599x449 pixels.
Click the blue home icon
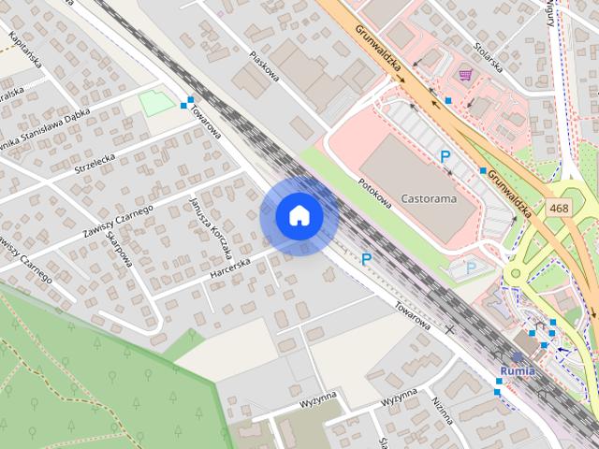pyautogui.click(x=299, y=215)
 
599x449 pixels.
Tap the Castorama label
pyautogui.click(x=427, y=198)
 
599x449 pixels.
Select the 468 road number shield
pyautogui.click(x=560, y=209)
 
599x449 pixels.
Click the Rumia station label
pyautogui.click(x=518, y=370)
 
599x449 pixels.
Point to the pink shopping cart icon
pyautogui.click(x=464, y=74)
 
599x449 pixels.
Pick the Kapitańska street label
pyautogui.click(x=24, y=54)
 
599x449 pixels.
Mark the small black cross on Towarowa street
pyautogui.click(x=449, y=330)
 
